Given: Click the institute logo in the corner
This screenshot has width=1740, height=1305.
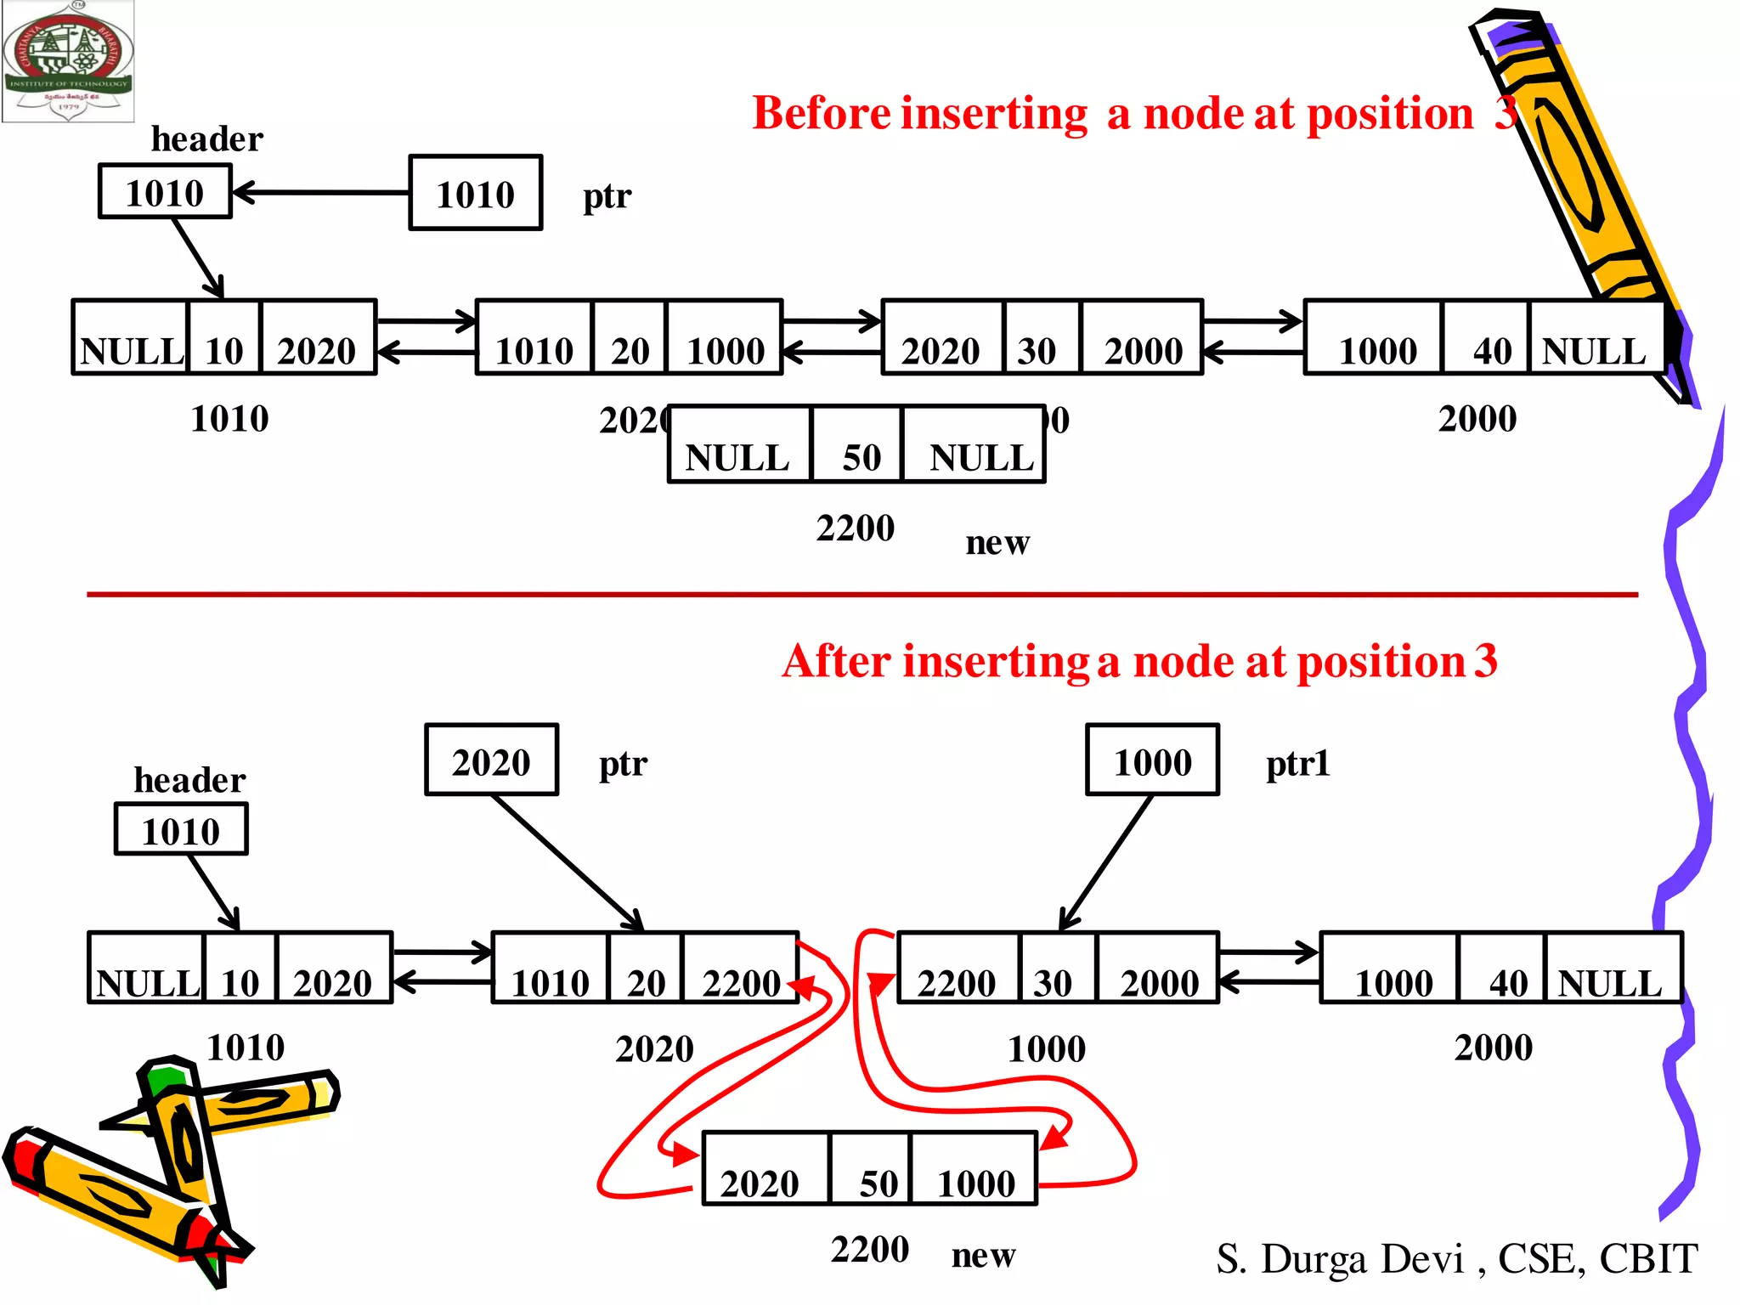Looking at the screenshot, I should pyautogui.click(x=68, y=61).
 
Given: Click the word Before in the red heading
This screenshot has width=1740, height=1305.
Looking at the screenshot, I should pyautogui.click(x=821, y=114).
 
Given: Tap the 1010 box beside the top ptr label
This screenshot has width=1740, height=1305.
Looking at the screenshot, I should pyautogui.click(x=475, y=194).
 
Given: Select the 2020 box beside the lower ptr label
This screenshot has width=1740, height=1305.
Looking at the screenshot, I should pyautogui.click(x=491, y=761).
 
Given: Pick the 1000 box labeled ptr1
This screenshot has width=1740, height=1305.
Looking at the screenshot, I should pyautogui.click(x=1152, y=761).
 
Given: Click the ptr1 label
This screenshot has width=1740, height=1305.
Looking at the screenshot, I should pyautogui.click(x=1297, y=763).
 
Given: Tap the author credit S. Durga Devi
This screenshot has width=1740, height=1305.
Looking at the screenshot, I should pyautogui.click(x=1456, y=1259).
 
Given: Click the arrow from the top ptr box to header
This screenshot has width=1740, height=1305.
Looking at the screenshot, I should pyautogui.click(x=323, y=193).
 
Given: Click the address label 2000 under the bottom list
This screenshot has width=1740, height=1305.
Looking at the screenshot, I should pyautogui.click(x=1493, y=1048).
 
